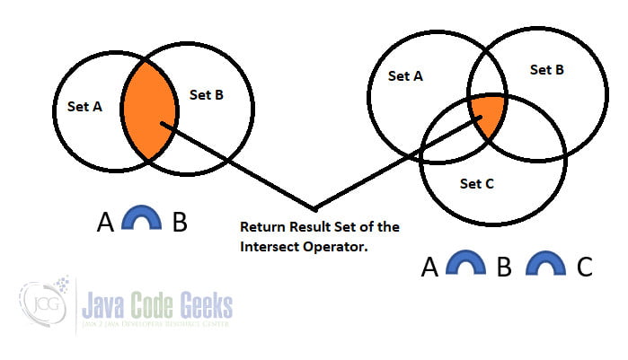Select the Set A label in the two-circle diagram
84,106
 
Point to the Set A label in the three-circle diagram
405,76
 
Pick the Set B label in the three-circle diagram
546,69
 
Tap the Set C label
477,183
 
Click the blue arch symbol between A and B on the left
139,219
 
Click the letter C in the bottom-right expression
584,267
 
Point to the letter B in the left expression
180,221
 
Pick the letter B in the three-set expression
503,268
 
